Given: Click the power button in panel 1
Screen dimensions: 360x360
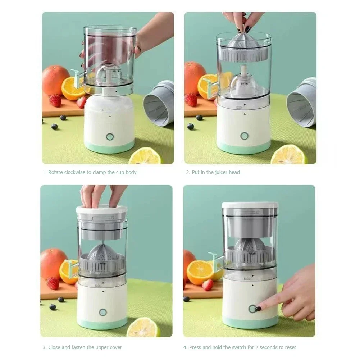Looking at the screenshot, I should (x=110, y=137).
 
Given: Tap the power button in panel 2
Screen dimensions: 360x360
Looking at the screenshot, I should (x=245, y=136).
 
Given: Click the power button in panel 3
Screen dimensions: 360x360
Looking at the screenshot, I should (x=103, y=312).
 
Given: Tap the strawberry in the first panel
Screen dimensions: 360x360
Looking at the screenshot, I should (x=55, y=101).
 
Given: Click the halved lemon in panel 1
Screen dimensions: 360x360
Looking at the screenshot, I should (x=145, y=156).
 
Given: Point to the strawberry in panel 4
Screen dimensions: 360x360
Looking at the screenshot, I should (x=208, y=285).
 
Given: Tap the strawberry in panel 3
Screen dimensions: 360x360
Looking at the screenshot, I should (x=53, y=283).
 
